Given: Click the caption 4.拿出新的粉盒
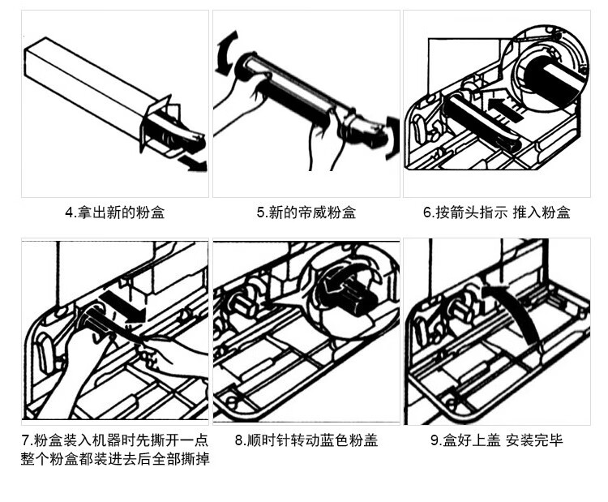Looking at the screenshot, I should coord(114,213).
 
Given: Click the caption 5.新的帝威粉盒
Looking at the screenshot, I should coord(306,213).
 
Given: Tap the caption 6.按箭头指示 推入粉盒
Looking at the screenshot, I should coord(496,213).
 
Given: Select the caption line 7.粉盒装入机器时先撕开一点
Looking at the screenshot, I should coord(114,441).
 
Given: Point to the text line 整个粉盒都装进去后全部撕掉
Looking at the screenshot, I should coord(114,459).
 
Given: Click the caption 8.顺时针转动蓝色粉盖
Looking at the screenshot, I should coord(306,441).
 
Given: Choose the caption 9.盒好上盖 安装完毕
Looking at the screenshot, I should coord(496,441).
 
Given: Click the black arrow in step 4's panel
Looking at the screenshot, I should coord(195,164).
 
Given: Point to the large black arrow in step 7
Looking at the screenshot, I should coord(126,307).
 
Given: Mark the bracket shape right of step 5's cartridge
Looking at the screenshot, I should coord(392,134).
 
